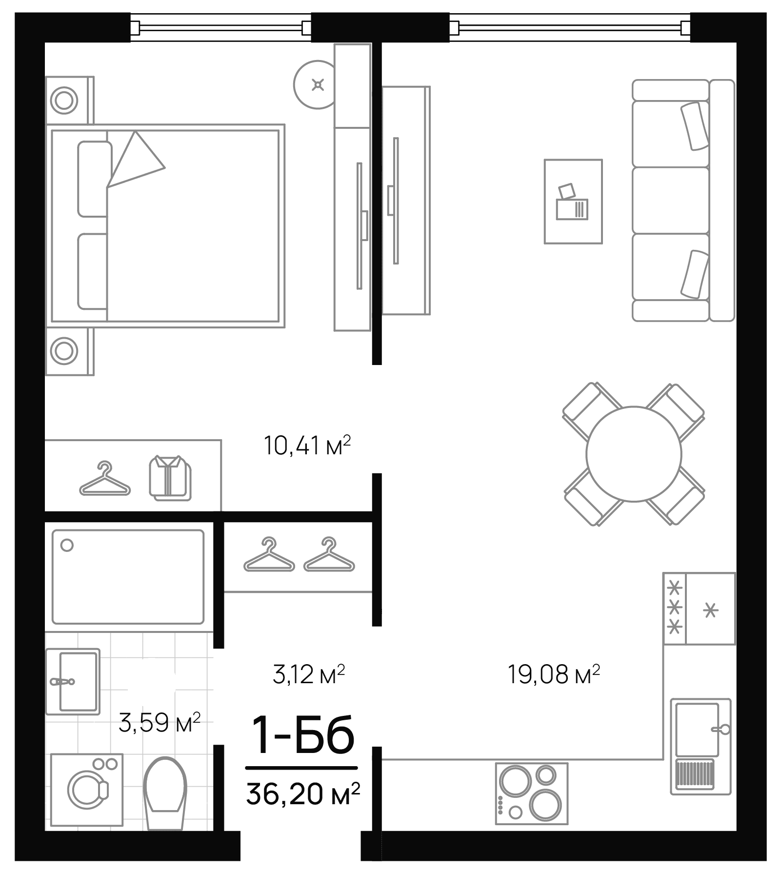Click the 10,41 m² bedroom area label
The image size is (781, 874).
307,446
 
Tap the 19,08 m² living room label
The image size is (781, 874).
553,675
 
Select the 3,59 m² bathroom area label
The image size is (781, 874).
160,723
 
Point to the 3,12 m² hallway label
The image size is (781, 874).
308,675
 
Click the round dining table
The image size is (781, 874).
634,454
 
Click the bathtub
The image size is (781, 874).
128,577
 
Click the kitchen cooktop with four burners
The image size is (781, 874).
532,793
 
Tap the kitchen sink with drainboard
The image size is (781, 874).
700,745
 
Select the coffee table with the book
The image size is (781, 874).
573,201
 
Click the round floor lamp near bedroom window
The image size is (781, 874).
317,85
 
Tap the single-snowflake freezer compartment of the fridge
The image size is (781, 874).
711,609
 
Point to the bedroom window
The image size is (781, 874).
221,27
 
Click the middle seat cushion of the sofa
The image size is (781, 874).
670,200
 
